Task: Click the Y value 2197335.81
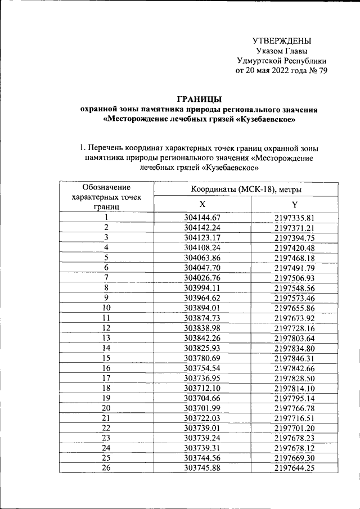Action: pyautogui.click(x=294, y=218)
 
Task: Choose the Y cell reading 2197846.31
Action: pyautogui.click(x=294, y=358)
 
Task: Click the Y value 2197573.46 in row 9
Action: pyautogui.click(x=294, y=298)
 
